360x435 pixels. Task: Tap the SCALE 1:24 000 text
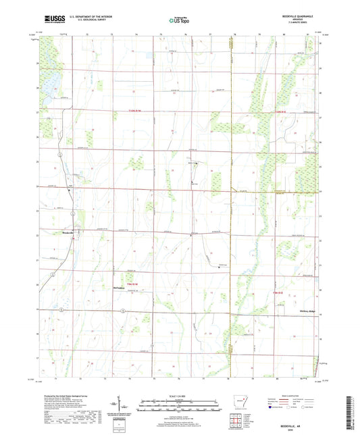tap(179, 395)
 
